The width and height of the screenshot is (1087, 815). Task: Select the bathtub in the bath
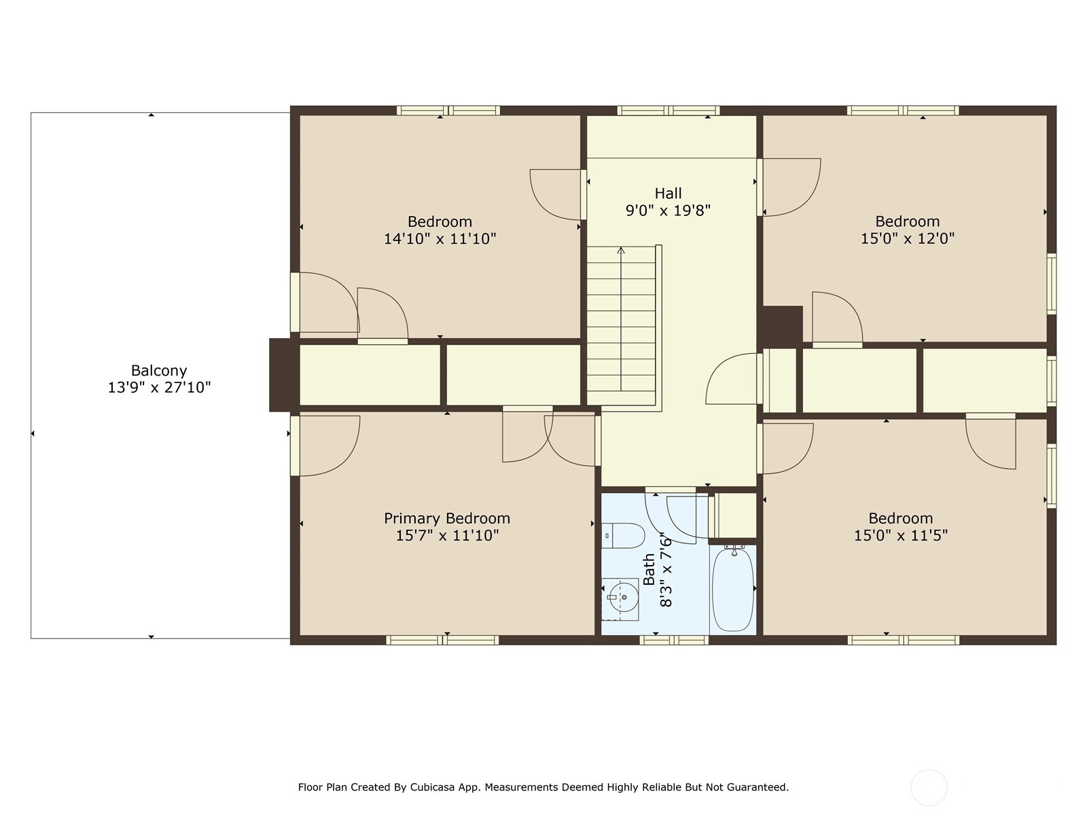(x=733, y=590)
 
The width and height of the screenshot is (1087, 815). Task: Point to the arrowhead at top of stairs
(x=621, y=251)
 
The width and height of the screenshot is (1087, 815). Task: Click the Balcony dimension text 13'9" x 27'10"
(x=159, y=388)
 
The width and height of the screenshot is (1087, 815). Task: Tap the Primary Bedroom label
(x=446, y=518)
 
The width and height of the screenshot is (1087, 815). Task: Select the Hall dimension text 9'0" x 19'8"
(x=668, y=211)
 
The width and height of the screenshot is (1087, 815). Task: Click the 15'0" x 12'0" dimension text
(x=907, y=239)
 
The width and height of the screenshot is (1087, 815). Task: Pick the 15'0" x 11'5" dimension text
(x=900, y=535)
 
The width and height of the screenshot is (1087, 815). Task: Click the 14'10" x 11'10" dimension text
(x=440, y=239)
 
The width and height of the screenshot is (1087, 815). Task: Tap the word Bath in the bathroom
(x=649, y=569)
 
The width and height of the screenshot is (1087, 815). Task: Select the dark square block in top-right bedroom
(x=782, y=325)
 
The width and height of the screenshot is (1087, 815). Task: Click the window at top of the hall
(x=668, y=111)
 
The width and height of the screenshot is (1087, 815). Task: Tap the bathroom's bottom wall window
(x=674, y=640)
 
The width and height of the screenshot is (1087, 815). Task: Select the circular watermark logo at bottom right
(x=928, y=788)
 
